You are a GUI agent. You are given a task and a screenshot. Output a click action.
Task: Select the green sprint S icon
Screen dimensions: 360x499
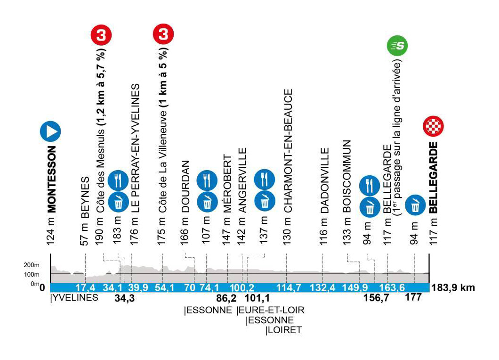coord(397,46)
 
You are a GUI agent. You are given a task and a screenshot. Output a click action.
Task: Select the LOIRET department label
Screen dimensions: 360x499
coord(283,330)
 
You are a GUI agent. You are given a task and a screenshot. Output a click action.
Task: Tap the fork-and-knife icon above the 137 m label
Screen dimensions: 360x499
coord(264,179)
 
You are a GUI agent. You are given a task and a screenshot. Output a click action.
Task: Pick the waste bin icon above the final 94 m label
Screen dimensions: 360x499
coord(415,204)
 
